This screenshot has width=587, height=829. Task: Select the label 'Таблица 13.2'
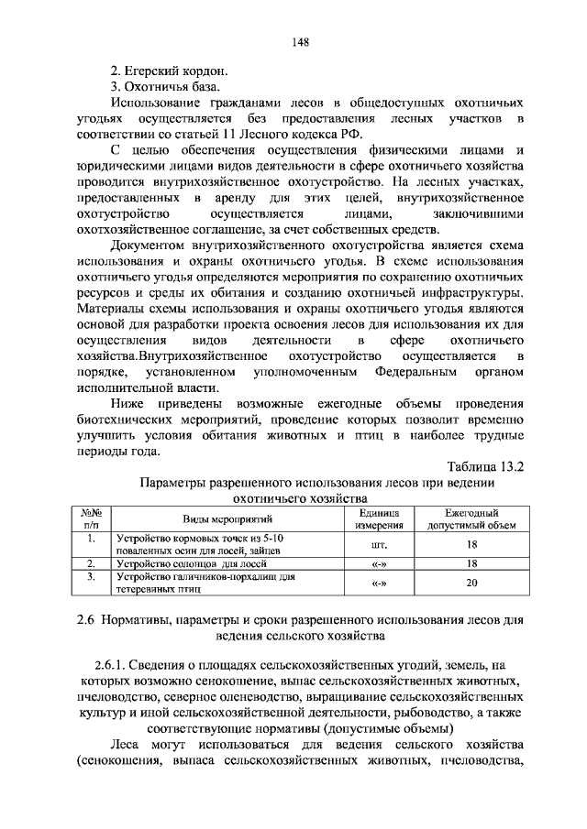pyautogui.click(x=482, y=466)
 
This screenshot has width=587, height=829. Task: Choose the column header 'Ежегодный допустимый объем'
pyautogui.click(x=472, y=519)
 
